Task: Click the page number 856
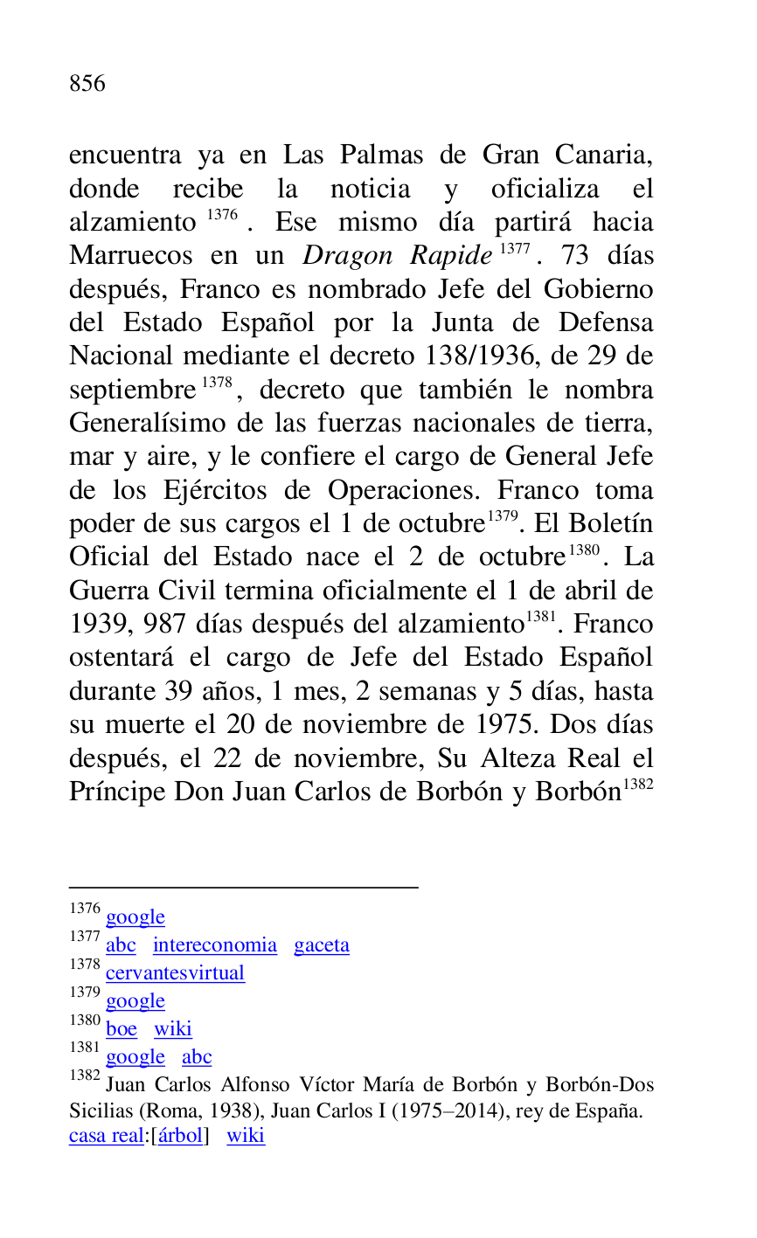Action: click(87, 84)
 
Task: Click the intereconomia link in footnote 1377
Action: click(214, 945)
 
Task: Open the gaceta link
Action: click(321, 945)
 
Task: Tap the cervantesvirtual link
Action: click(175, 973)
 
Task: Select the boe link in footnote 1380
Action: click(122, 1029)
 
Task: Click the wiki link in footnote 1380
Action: click(173, 1029)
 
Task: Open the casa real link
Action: click(105, 1136)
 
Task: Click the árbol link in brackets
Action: click(180, 1136)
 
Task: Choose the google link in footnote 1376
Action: click(135, 917)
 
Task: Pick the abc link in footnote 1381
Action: click(197, 1057)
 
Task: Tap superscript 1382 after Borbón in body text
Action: click(640, 784)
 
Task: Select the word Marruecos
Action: click(130, 256)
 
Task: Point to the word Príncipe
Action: click(117, 792)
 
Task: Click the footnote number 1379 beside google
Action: click(85, 993)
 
